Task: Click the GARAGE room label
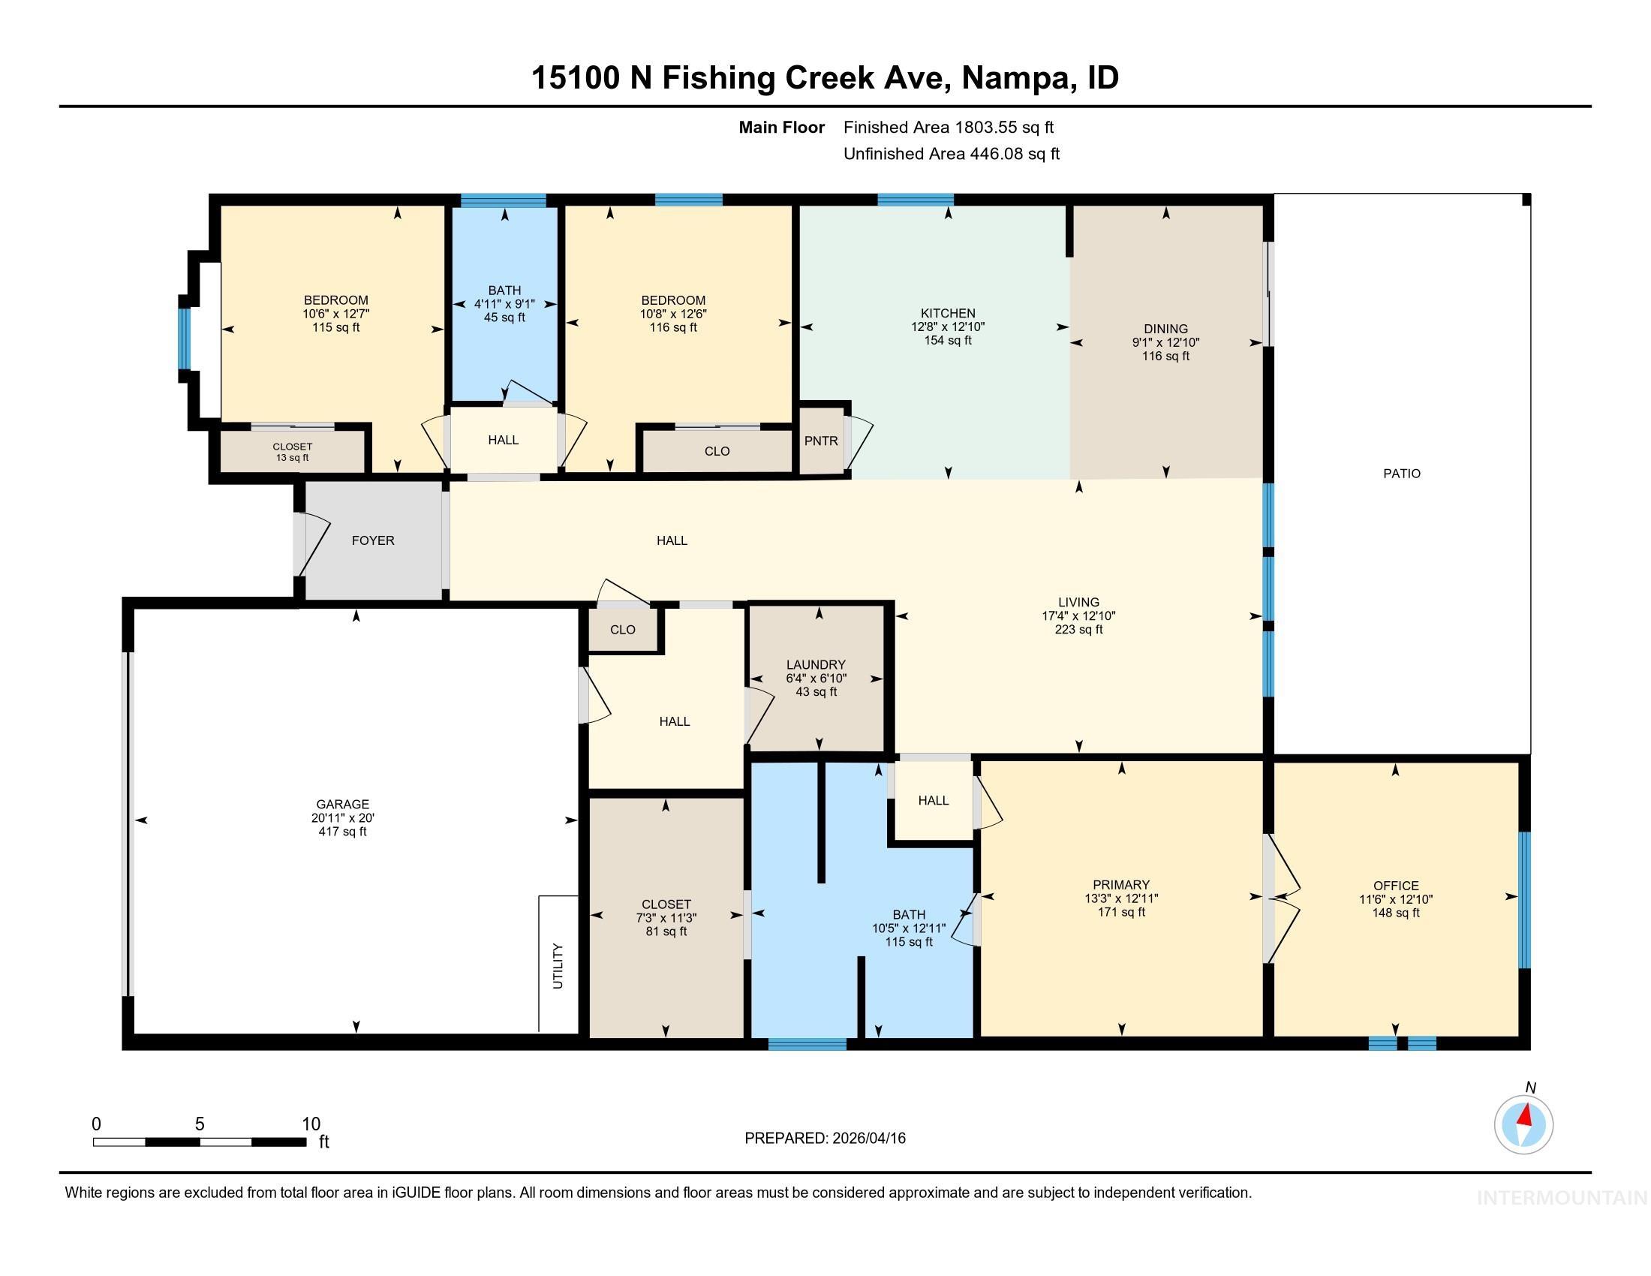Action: tap(342, 805)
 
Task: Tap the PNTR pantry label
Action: tap(821, 441)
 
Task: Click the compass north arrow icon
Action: tap(1523, 1124)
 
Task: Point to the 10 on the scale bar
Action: tap(311, 1124)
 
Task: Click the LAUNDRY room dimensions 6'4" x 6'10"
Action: tap(816, 679)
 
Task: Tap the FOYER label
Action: tap(373, 540)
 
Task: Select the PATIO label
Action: tap(1402, 474)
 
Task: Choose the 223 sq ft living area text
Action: tap(1078, 630)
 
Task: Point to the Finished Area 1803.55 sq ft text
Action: tap(948, 128)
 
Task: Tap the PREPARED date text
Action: tap(825, 1139)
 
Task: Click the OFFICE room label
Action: tap(1396, 886)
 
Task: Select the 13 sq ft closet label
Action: tap(293, 458)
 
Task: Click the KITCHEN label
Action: tap(947, 313)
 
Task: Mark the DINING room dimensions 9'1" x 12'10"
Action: tap(1165, 342)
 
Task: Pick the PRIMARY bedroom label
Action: tap(1120, 885)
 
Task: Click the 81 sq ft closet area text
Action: tap(665, 932)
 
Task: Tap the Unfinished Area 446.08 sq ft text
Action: tap(951, 154)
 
